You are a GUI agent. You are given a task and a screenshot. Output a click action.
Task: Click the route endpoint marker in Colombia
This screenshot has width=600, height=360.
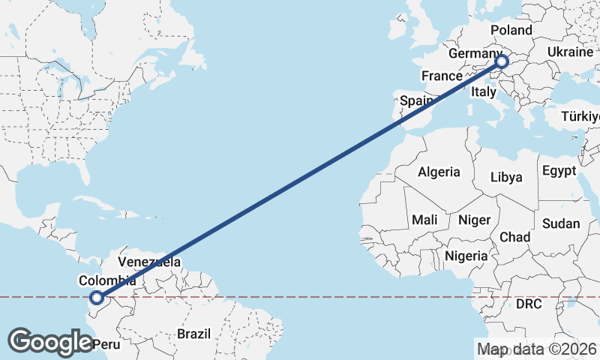click(96, 298)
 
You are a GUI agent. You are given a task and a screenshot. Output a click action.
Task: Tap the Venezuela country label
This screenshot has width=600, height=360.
click(149, 262)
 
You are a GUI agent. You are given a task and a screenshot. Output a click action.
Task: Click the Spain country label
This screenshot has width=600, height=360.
click(416, 100)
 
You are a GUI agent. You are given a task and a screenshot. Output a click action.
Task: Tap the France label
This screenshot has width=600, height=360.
click(441, 76)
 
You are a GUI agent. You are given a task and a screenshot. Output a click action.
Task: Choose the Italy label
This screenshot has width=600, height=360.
click(484, 92)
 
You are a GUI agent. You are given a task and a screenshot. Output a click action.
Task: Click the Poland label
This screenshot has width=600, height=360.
click(511, 31)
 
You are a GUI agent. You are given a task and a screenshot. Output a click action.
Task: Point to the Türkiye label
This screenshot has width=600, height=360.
click(581, 117)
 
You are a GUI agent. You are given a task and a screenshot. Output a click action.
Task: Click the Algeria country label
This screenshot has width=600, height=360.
click(439, 172)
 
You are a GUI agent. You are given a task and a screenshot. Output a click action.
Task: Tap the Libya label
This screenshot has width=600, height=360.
click(505, 178)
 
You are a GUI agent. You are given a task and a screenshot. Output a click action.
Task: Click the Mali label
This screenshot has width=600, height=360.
click(424, 220)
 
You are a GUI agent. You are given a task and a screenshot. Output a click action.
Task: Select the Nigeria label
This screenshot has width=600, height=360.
click(466, 256)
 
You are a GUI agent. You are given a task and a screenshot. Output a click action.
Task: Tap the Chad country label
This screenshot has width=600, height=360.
click(514, 237)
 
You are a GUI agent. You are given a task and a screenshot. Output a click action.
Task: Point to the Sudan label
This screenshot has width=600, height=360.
click(561, 223)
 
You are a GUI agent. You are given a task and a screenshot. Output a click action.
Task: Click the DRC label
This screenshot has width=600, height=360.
click(529, 304)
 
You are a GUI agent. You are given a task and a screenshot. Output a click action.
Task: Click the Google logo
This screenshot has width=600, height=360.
click(51, 341)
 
